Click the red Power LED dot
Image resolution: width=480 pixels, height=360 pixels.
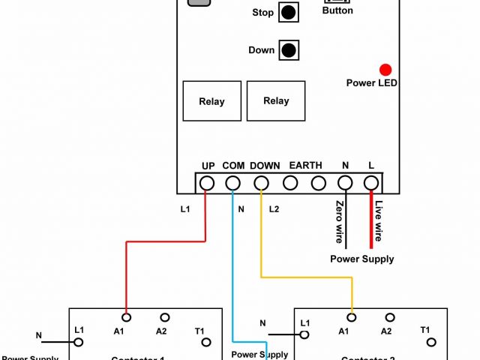pyautogui.click(x=385, y=70)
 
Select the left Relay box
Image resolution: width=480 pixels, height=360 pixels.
pyautogui.click(x=211, y=101)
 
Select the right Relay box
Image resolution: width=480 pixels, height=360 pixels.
pyautogui.click(x=276, y=100)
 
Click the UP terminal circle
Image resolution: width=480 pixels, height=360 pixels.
pyautogui.click(x=208, y=182)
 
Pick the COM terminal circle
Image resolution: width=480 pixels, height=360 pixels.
pyautogui.click(x=233, y=182)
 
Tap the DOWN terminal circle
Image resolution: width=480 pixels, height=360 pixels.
pyautogui.click(x=261, y=182)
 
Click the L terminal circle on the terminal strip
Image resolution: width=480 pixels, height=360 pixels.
pyautogui.click(x=370, y=182)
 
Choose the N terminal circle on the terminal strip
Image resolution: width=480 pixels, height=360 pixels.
pyautogui.click(x=345, y=182)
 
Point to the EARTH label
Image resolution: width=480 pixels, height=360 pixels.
pyautogui.click(x=305, y=165)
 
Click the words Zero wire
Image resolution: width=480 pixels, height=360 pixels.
pyautogui.click(x=340, y=222)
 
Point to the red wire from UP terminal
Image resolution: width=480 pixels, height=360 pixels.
pyautogui.click(x=165, y=241)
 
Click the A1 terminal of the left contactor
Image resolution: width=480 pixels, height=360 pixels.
pyautogui.click(x=126, y=318)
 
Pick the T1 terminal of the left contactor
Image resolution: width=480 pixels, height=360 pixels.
pyautogui.click(x=205, y=343)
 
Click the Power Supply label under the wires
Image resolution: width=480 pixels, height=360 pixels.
pyautogui.click(x=361, y=259)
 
